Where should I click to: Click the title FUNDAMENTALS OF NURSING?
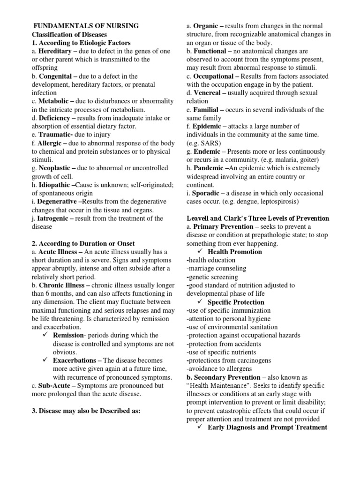tap(86, 26)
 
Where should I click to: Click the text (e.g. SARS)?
tap(205, 143)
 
